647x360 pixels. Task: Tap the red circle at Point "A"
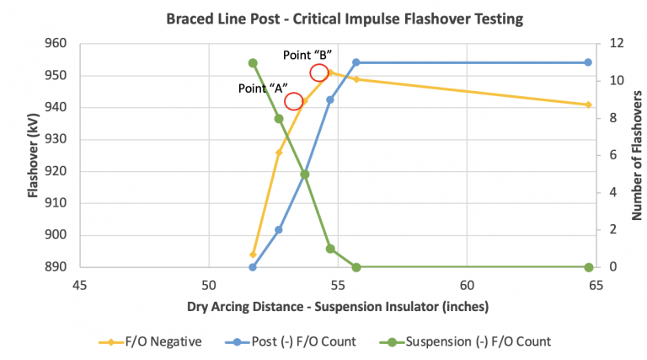tap(294, 102)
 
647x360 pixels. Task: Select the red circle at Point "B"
tap(319, 73)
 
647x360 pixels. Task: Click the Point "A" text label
tap(262, 86)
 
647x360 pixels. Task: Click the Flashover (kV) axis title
tap(33, 156)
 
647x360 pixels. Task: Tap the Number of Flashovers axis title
tap(637, 156)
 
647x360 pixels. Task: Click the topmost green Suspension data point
tap(253, 62)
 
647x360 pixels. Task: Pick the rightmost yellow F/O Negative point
tap(589, 105)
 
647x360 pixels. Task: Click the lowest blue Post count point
tap(253, 267)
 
